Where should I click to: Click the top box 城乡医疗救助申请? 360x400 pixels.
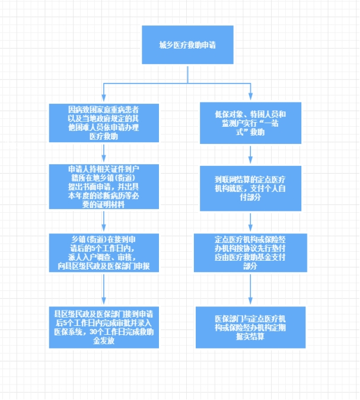tap(187, 44)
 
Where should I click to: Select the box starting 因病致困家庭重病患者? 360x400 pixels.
tap(104, 123)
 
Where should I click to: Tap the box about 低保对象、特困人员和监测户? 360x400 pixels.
tap(250, 123)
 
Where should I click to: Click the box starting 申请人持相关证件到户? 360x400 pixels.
tap(104, 187)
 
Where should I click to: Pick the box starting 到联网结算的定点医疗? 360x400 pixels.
tap(250, 188)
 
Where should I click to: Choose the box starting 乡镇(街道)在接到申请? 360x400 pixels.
tap(104, 252)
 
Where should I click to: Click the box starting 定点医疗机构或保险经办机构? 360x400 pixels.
tap(250, 252)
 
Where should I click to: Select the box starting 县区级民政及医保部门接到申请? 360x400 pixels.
tap(104, 327)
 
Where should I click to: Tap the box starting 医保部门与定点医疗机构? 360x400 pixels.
tap(250, 327)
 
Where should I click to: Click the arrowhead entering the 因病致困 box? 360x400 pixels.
tap(104, 98)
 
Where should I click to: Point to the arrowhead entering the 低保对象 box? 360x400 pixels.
tap(250, 97)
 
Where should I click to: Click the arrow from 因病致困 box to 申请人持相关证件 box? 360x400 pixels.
tap(104, 153)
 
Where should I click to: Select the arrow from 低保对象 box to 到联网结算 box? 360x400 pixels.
tap(250, 155)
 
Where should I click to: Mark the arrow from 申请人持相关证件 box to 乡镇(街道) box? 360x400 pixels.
tap(104, 221)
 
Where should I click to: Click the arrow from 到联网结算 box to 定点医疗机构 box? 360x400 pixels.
tap(250, 222)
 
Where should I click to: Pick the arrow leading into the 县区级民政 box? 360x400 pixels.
tap(104, 289)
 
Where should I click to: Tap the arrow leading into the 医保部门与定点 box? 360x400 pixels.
tap(250, 289)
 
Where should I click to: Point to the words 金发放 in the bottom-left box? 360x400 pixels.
tap(104, 341)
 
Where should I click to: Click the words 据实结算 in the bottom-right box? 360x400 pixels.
tap(250, 337)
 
